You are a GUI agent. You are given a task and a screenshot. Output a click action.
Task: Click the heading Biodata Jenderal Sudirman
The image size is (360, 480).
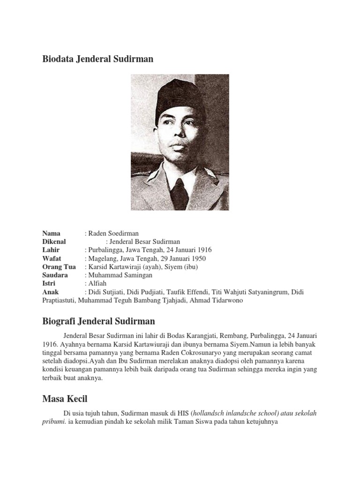[x=97, y=59]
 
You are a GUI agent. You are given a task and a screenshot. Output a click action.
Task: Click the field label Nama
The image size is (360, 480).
[x=51, y=233]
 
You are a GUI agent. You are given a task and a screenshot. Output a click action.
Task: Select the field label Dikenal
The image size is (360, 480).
[x=54, y=242]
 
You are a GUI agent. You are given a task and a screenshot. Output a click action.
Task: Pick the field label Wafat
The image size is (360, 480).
[x=52, y=259]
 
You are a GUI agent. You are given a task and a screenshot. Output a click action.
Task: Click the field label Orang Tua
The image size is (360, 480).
[x=59, y=267]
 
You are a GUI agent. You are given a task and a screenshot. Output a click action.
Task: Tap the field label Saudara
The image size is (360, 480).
[x=55, y=275]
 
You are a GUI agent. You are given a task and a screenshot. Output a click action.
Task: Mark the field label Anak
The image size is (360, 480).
[x=50, y=292]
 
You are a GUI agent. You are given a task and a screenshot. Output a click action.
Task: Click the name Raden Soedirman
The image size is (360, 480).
[x=113, y=233]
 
